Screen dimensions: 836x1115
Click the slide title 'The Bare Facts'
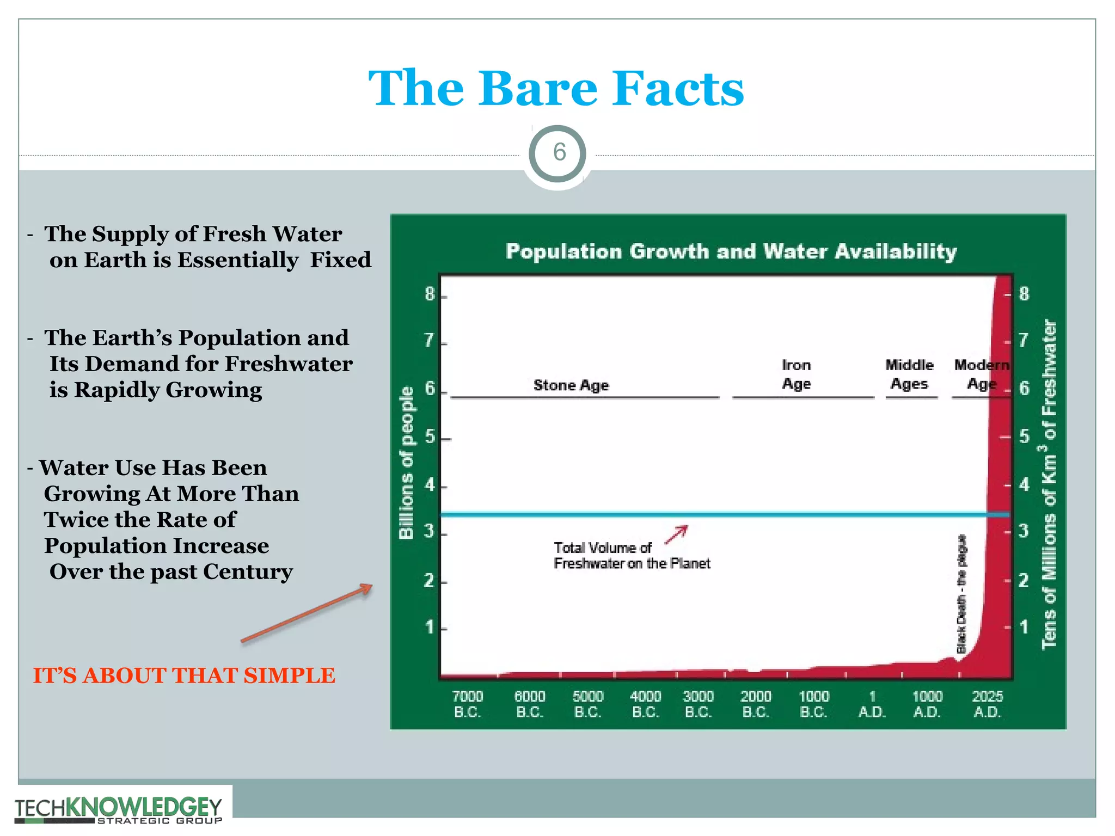(x=556, y=88)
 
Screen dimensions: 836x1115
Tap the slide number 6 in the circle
(x=559, y=152)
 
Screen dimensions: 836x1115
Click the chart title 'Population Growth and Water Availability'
(x=731, y=251)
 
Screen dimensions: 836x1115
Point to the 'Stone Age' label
(x=571, y=385)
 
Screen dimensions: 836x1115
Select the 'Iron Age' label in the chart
(x=796, y=374)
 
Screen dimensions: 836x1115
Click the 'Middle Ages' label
(x=909, y=374)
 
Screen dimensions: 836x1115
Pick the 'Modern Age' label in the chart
(x=981, y=374)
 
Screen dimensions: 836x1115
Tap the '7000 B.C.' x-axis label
(x=468, y=704)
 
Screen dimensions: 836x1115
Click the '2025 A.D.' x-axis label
(x=987, y=704)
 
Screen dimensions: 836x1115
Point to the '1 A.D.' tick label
(x=872, y=704)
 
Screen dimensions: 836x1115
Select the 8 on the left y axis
(x=430, y=294)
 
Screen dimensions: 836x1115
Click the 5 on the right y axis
(x=1024, y=437)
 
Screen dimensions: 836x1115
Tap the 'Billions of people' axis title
(x=406, y=463)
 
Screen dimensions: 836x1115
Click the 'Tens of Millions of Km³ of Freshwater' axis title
(x=1049, y=484)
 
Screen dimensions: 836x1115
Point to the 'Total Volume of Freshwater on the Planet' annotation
(x=632, y=556)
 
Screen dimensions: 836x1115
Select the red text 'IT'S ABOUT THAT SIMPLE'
(x=184, y=676)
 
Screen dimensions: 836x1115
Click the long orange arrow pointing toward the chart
(x=307, y=613)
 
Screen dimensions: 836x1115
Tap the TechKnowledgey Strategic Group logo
(x=118, y=809)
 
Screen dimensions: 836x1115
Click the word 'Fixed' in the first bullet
(x=341, y=260)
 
